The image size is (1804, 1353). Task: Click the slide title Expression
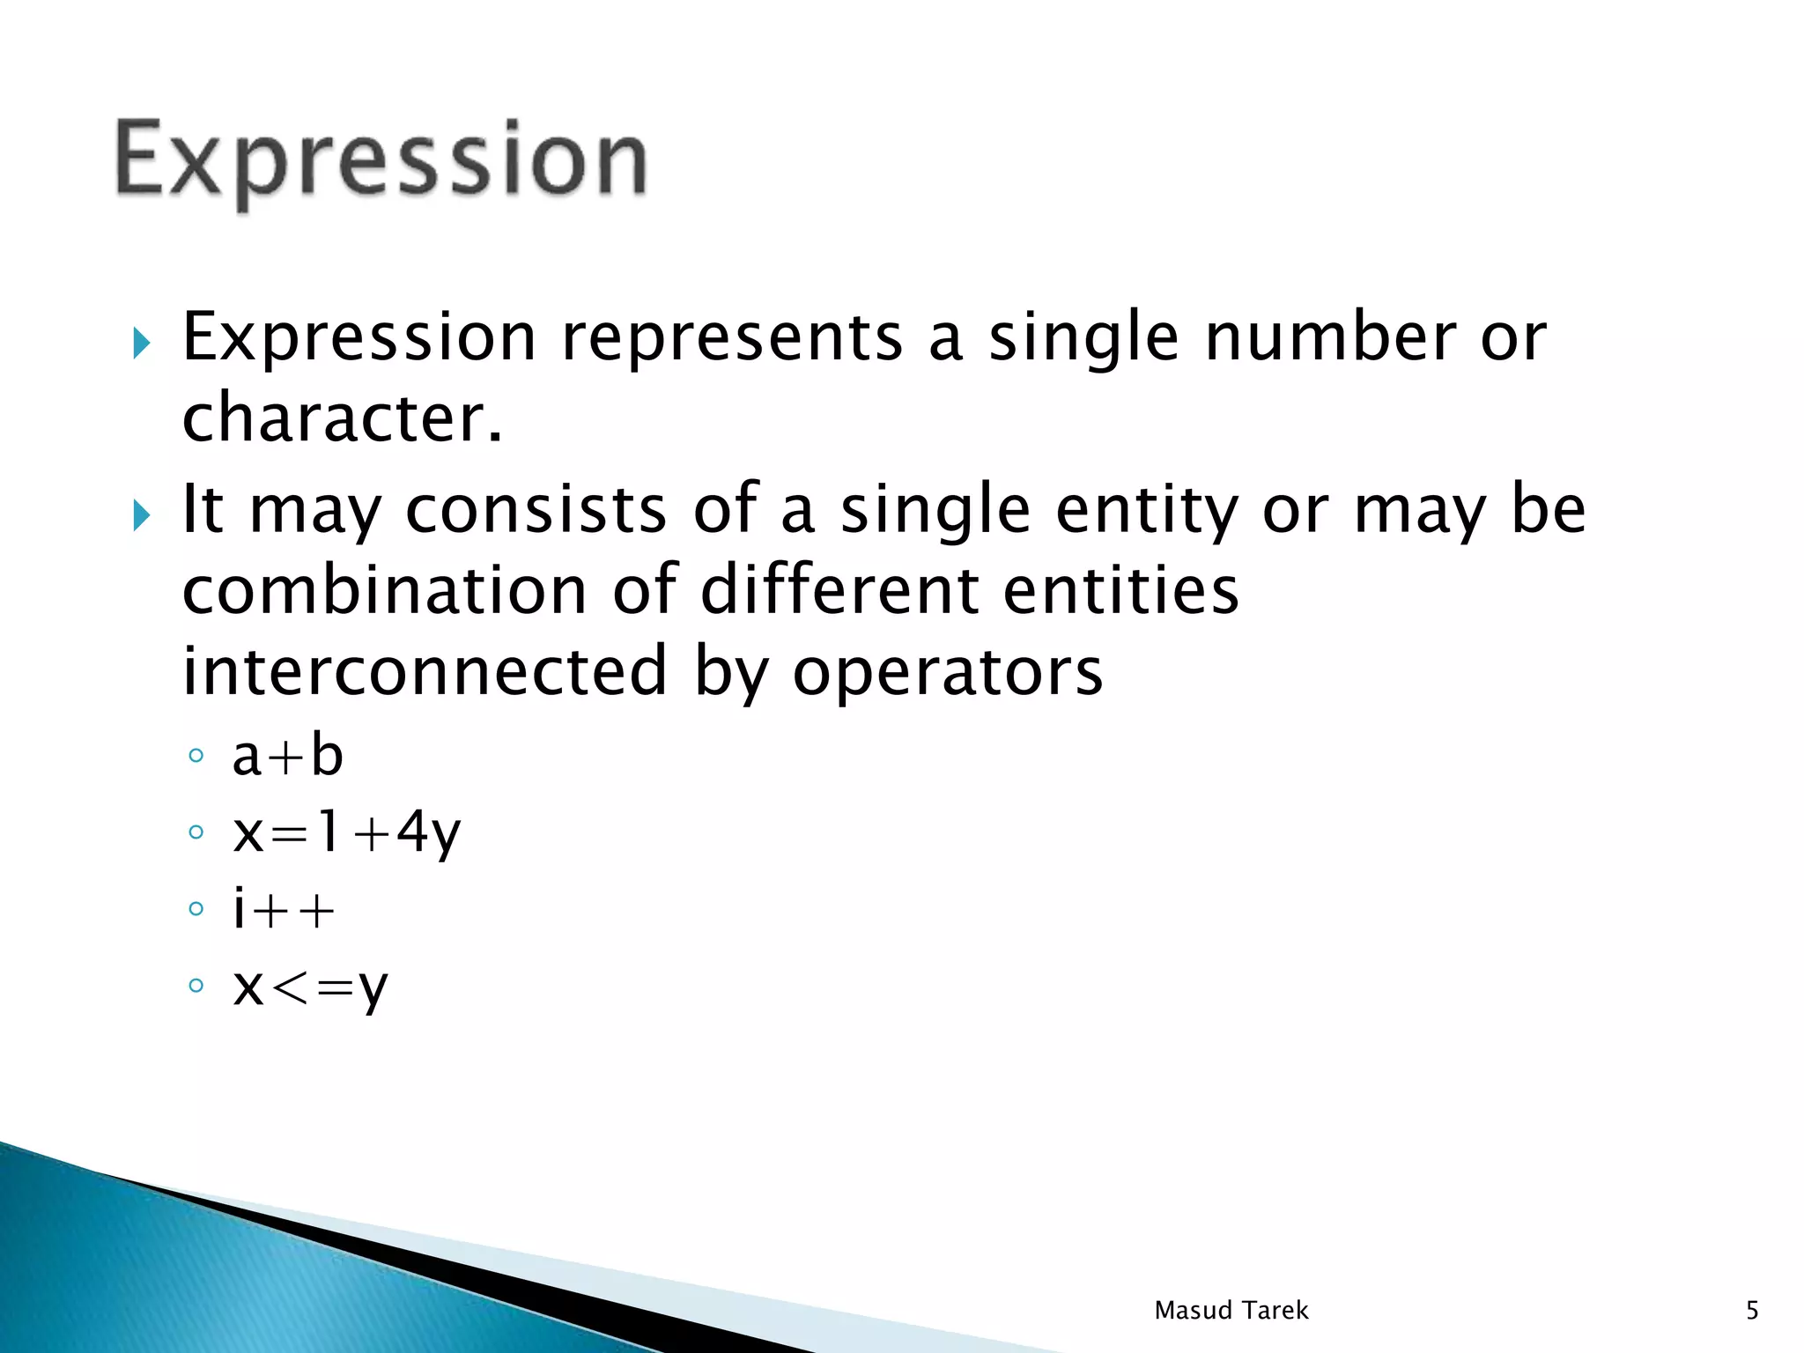[381, 162]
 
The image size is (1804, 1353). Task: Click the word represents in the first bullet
[732, 338]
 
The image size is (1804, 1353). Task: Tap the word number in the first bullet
[1330, 338]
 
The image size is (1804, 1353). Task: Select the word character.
[342, 418]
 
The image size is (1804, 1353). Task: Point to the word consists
[536, 510]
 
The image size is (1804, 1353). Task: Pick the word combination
[384, 590]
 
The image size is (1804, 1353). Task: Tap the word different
[839, 590]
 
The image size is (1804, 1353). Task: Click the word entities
[1120, 590]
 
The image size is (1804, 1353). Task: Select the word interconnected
[425, 671]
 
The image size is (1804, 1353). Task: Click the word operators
[947, 671]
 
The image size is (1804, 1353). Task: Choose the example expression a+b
[287, 756]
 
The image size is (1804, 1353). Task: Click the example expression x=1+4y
[346, 832]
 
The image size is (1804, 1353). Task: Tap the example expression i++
[284, 909]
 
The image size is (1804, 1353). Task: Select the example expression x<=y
[310, 987]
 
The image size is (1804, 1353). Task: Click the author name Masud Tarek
[1231, 1310]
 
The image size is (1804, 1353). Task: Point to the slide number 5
[1752, 1310]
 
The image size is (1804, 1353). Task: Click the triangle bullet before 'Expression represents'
[141, 343]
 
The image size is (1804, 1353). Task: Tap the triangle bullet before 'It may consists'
[141, 514]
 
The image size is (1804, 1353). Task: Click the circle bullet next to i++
[196, 909]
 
